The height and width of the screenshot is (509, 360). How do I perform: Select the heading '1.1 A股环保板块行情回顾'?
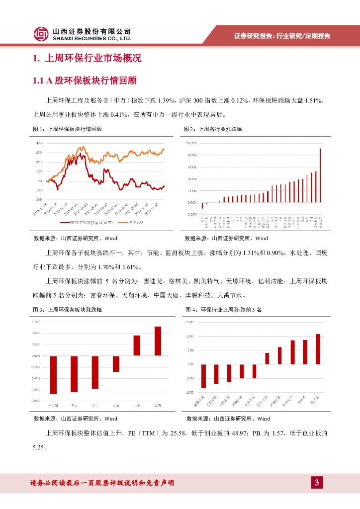point(85,81)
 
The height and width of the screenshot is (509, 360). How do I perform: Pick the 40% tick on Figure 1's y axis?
point(39,144)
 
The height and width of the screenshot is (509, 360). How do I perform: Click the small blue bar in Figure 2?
point(220,201)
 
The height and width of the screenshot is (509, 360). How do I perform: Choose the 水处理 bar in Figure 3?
point(53,374)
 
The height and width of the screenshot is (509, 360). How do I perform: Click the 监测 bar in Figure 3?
point(158,341)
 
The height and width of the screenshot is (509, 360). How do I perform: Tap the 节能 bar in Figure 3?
point(137,345)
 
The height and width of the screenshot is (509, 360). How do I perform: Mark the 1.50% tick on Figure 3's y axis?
point(35,322)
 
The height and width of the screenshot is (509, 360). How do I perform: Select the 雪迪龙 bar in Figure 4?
point(318,349)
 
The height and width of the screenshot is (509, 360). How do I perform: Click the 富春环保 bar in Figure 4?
point(203,376)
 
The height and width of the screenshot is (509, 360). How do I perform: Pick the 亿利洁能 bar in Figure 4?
point(267,358)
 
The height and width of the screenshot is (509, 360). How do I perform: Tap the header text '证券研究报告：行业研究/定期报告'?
point(282,36)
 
